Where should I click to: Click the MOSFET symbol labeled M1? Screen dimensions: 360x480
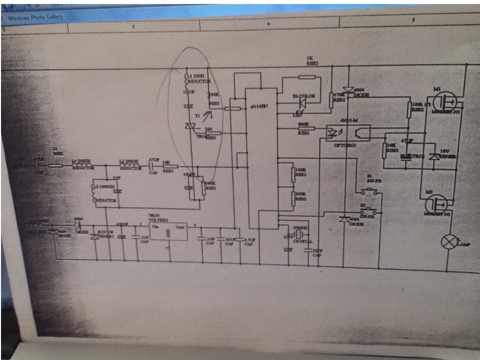coord(444,102)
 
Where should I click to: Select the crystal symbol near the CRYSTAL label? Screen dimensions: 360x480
coord(298,235)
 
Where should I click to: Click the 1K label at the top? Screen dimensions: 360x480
coord(309,58)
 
